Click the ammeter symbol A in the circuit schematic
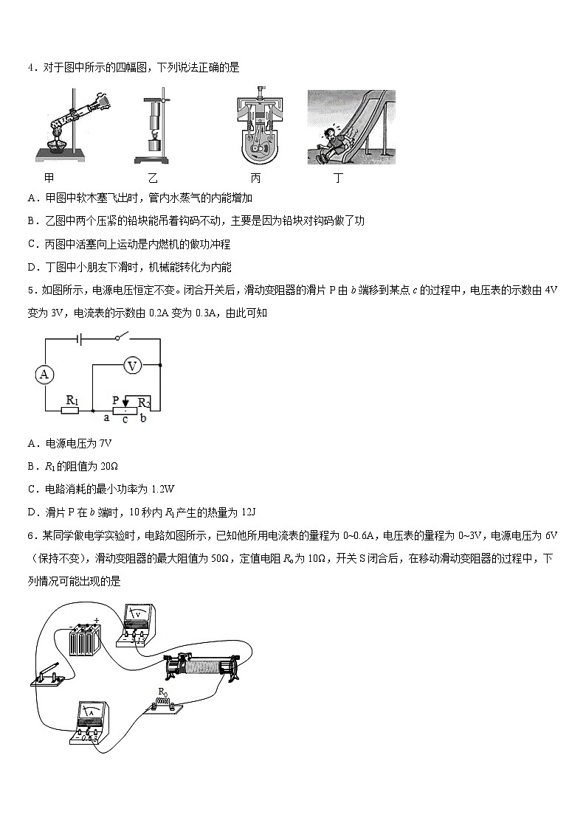(44, 375)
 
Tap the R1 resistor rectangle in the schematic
(72, 409)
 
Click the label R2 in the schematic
(145, 402)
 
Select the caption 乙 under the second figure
(153, 178)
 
